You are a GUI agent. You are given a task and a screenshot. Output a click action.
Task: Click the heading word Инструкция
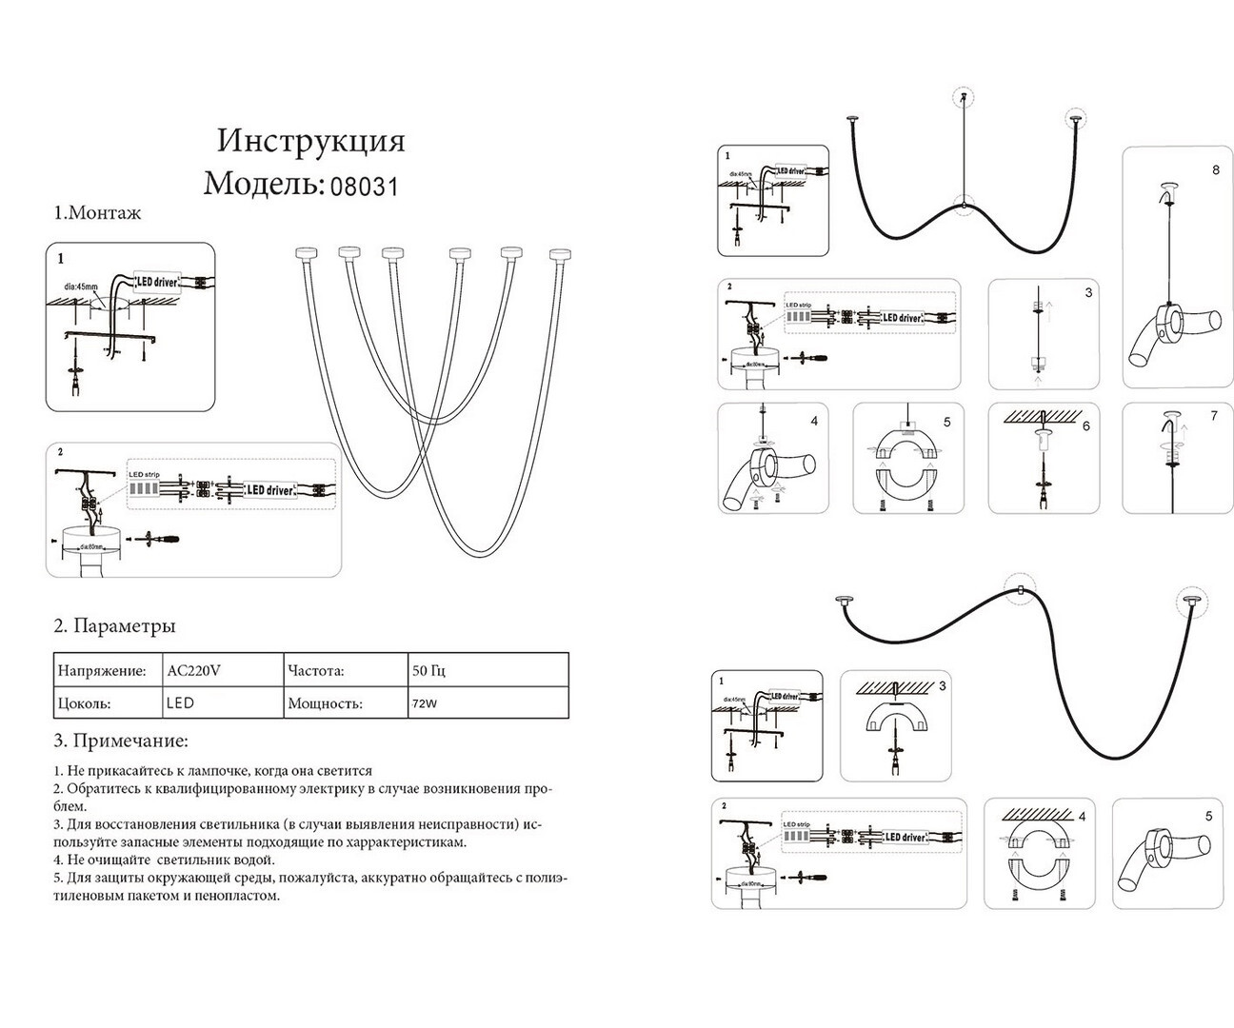pyautogui.click(x=310, y=141)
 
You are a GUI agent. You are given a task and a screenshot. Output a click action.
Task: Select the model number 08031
pyautogui.click(x=365, y=185)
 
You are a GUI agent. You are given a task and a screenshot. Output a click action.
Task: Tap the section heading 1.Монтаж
pyautogui.click(x=97, y=213)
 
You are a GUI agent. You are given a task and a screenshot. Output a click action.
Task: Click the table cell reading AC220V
pyautogui.click(x=194, y=671)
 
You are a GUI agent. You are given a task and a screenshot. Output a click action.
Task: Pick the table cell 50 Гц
pyautogui.click(x=428, y=671)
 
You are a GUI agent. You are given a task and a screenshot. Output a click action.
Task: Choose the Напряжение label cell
pyautogui.click(x=102, y=671)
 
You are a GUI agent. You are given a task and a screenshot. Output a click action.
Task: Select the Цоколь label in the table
pyautogui.click(x=84, y=704)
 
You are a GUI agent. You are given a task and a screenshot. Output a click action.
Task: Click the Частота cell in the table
pyautogui.click(x=316, y=671)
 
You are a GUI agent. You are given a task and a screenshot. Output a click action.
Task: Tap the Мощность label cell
pyautogui.click(x=325, y=704)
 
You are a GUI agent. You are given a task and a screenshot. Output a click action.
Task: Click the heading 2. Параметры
pyautogui.click(x=114, y=626)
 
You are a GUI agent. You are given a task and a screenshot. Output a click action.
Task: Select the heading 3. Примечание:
pyautogui.click(x=120, y=741)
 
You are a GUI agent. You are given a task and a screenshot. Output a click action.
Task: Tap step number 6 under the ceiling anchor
pyautogui.click(x=1085, y=426)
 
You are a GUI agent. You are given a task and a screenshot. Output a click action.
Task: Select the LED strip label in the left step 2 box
pyautogui.click(x=145, y=474)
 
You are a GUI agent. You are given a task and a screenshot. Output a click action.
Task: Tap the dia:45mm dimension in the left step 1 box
pyautogui.click(x=80, y=286)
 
